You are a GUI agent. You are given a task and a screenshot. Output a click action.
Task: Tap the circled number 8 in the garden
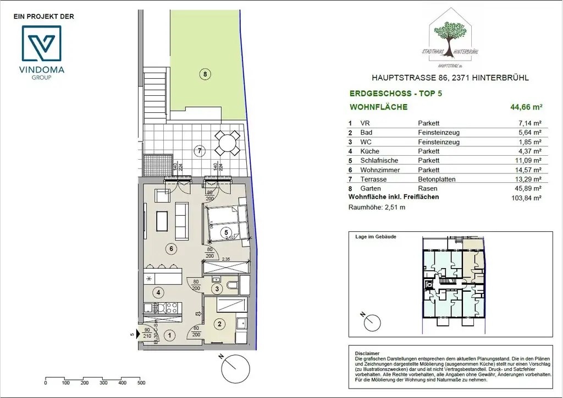205,74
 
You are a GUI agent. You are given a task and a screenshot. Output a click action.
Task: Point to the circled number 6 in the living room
172,249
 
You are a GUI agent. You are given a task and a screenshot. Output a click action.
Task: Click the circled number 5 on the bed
225,233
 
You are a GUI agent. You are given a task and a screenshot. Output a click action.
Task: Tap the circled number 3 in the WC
217,288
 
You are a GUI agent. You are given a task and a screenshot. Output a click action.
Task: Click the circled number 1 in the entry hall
170,334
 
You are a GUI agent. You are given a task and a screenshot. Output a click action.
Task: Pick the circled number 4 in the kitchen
158,292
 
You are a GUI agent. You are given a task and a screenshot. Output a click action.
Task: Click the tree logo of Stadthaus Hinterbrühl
450,36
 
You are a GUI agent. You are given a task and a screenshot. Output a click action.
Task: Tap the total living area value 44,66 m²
526,107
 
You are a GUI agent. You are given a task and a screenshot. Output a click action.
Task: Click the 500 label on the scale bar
141,383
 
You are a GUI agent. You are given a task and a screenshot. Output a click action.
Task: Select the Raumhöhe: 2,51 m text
377,208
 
